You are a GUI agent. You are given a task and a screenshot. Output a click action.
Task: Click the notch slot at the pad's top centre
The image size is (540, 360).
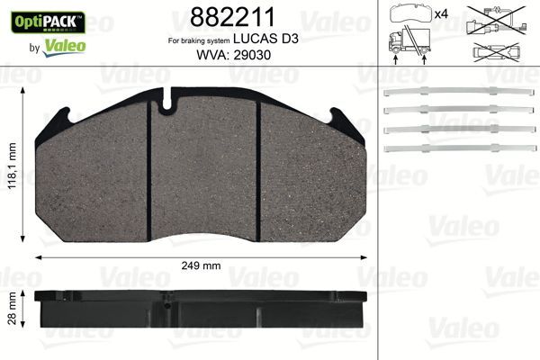coord(166,107)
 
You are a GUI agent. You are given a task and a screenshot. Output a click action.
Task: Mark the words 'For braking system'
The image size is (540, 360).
coord(198,41)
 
